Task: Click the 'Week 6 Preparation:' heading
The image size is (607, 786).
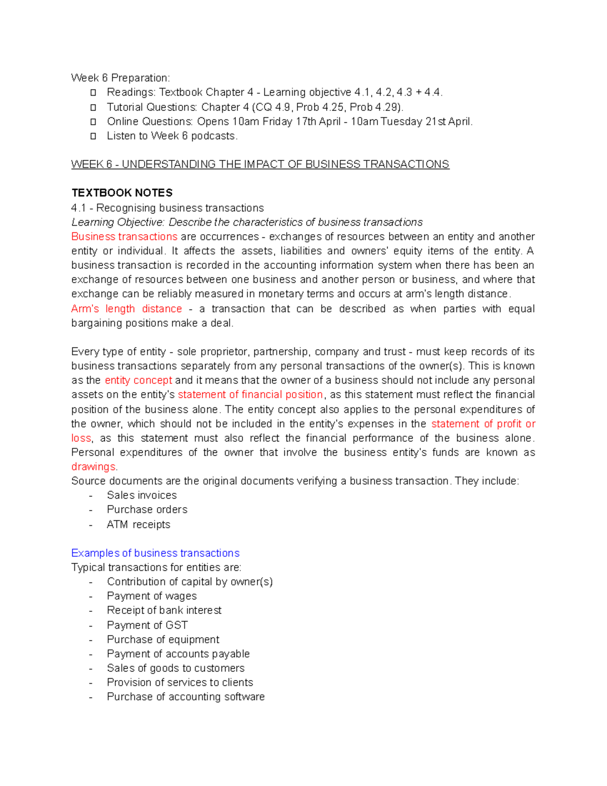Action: [x=120, y=78]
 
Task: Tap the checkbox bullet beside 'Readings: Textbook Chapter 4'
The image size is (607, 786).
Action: [x=93, y=93]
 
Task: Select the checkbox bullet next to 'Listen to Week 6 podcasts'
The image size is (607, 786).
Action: [x=93, y=136]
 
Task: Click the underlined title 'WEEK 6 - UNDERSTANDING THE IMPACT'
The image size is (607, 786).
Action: [x=260, y=164]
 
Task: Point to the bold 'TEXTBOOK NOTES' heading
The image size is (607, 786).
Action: [x=122, y=193]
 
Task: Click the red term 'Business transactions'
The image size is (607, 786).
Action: [x=124, y=237]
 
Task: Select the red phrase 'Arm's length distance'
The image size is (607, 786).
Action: [x=126, y=309]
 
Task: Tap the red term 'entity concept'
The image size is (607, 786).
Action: [x=138, y=380]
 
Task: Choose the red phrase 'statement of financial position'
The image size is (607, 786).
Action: [x=250, y=395]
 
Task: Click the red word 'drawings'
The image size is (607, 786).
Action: [x=94, y=467]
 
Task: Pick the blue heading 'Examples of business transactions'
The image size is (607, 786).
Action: [x=155, y=553]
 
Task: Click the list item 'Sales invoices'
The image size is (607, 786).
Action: [x=142, y=495]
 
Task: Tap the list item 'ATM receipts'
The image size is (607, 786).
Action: [x=138, y=525]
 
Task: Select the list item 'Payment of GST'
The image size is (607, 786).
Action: [x=147, y=625]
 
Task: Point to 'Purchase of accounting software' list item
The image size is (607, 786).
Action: [x=186, y=697]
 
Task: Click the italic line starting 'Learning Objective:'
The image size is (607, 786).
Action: [x=247, y=223]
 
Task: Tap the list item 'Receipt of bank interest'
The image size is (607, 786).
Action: [x=164, y=610]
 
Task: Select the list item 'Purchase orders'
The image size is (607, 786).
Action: [x=147, y=510]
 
